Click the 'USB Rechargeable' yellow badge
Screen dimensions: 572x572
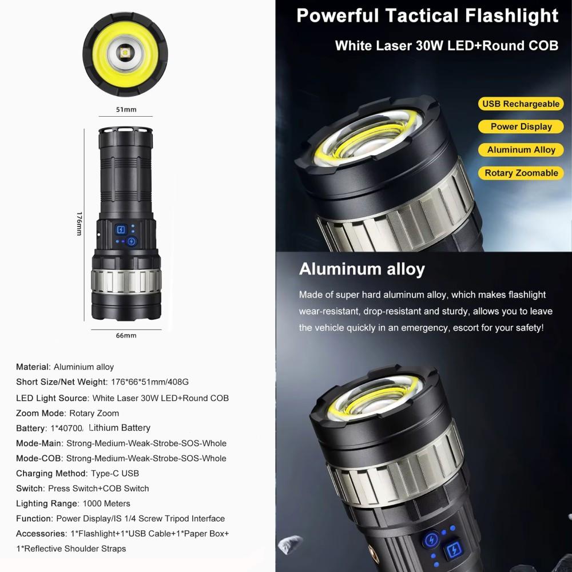521,104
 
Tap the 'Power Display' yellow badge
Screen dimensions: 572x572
521,126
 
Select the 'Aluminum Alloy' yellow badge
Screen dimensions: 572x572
521,150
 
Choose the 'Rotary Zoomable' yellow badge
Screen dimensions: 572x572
521,173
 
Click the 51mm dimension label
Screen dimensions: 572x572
126,109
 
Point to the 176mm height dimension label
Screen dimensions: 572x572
79,224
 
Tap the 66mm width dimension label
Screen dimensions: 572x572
126,335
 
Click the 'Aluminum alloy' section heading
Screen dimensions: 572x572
362,269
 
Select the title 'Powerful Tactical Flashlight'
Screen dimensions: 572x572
427,15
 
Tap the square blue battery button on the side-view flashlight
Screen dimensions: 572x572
121,229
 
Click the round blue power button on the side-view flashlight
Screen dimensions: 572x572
132,241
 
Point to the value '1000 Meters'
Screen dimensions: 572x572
106,503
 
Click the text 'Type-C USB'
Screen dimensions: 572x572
115,473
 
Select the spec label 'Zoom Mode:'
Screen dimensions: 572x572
41,413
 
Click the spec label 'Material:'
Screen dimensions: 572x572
33,367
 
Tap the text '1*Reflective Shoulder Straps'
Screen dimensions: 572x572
71,549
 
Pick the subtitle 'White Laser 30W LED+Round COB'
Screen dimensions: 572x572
447,46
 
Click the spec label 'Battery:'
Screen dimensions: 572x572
31,428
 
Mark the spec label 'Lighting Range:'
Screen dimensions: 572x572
47,503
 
